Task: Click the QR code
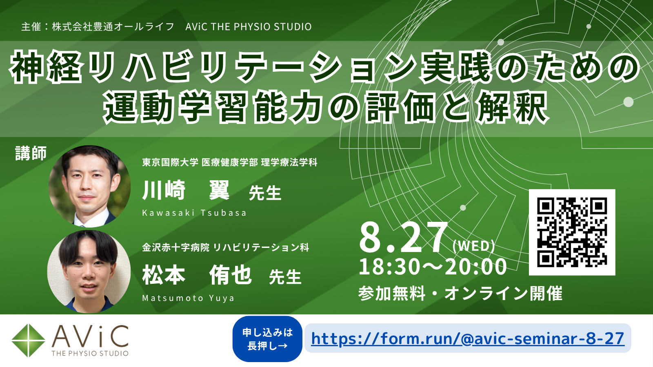point(572,232)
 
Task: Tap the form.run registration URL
point(468,338)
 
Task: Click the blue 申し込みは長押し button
point(267,339)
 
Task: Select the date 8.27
point(404,237)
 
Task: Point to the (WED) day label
point(474,246)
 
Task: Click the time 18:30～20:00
point(433,267)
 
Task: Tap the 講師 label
point(31,153)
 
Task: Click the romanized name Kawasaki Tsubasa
point(194,213)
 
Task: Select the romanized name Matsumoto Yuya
point(188,298)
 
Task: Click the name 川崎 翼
point(186,190)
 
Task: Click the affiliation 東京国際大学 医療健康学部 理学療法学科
point(230,162)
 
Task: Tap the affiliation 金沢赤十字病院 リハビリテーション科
point(225,247)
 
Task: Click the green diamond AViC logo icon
point(28,340)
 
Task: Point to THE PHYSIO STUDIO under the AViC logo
point(90,353)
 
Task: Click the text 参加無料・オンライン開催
point(460,293)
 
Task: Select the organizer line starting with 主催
point(167,27)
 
